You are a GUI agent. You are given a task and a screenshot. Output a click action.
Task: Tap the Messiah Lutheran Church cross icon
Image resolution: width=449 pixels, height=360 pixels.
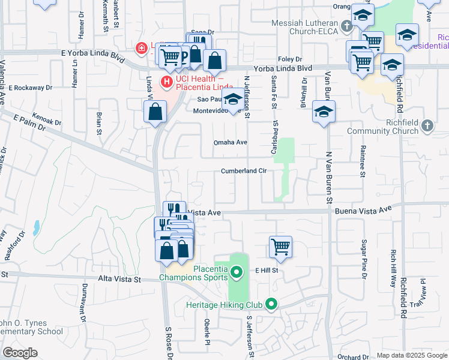point(346,26)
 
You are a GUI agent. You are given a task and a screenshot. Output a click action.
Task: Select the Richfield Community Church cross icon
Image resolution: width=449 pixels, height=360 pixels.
point(427,125)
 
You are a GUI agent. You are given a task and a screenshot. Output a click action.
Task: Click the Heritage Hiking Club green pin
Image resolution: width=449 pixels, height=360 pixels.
point(271,304)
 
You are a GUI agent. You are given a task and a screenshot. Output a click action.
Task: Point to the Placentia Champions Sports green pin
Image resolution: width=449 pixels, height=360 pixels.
point(236,273)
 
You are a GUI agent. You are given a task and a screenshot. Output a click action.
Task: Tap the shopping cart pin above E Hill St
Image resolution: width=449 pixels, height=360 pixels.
point(281,247)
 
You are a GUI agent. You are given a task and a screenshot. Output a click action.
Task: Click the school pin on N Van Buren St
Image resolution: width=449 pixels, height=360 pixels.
point(324,112)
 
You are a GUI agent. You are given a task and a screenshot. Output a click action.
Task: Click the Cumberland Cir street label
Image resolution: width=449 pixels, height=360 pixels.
point(243,170)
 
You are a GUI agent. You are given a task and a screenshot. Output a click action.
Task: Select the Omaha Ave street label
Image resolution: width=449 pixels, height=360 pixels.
point(231,142)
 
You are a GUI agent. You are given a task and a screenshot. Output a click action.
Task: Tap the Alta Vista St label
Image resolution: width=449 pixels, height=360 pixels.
point(119,280)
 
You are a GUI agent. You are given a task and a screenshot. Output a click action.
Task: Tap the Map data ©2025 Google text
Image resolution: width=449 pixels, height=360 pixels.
point(411,355)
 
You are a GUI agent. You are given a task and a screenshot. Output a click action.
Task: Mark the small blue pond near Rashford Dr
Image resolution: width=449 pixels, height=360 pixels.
point(37,227)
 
